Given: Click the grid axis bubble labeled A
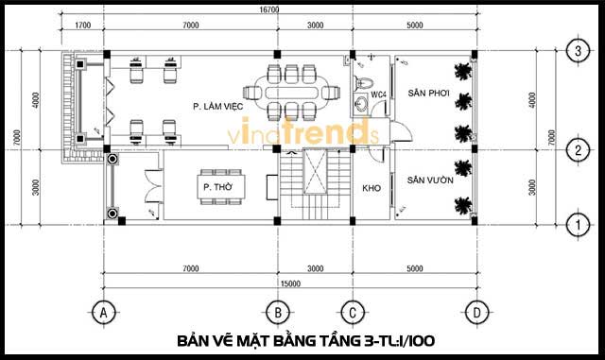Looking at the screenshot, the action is pyautogui.click(x=103, y=312).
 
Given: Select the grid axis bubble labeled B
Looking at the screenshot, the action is pyautogui.click(x=278, y=312).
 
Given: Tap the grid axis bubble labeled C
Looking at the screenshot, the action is pyautogui.click(x=353, y=312).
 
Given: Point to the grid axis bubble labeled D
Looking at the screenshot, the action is pyautogui.click(x=476, y=312).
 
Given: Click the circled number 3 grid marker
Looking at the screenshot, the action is pyautogui.click(x=578, y=51).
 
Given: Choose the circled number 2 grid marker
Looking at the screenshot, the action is pyautogui.click(x=578, y=149).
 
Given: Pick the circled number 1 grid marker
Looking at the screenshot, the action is pyautogui.click(x=578, y=225).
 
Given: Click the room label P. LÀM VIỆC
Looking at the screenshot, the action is pyautogui.click(x=218, y=106).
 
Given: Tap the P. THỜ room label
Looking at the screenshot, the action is pyautogui.click(x=218, y=187).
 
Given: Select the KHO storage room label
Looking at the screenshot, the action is pyautogui.click(x=372, y=188).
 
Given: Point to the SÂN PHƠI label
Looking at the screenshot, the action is pyautogui.click(x=428, y=93).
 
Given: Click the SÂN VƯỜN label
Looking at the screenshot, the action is pyautogui.click(x=430, y=180).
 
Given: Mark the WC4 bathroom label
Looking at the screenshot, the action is pyautogui.click(x=378, y=94).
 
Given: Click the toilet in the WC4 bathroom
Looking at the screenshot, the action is pyautogui.click(x=363, y=83).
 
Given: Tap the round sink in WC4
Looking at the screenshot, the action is pyautogui.click(x=362, y=103).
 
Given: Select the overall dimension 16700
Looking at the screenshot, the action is pyautogui.click(x=268, y=9).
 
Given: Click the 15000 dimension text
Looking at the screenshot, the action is pyautogui.click(x=290, y=283).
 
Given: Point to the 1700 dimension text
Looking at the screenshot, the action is pyautogui.click(x=82, y=26).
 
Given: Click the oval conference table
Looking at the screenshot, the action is pyautogui.click(x=292, y=93).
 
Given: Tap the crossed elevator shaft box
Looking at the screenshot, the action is pyautogui.click(x=315, y=172).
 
